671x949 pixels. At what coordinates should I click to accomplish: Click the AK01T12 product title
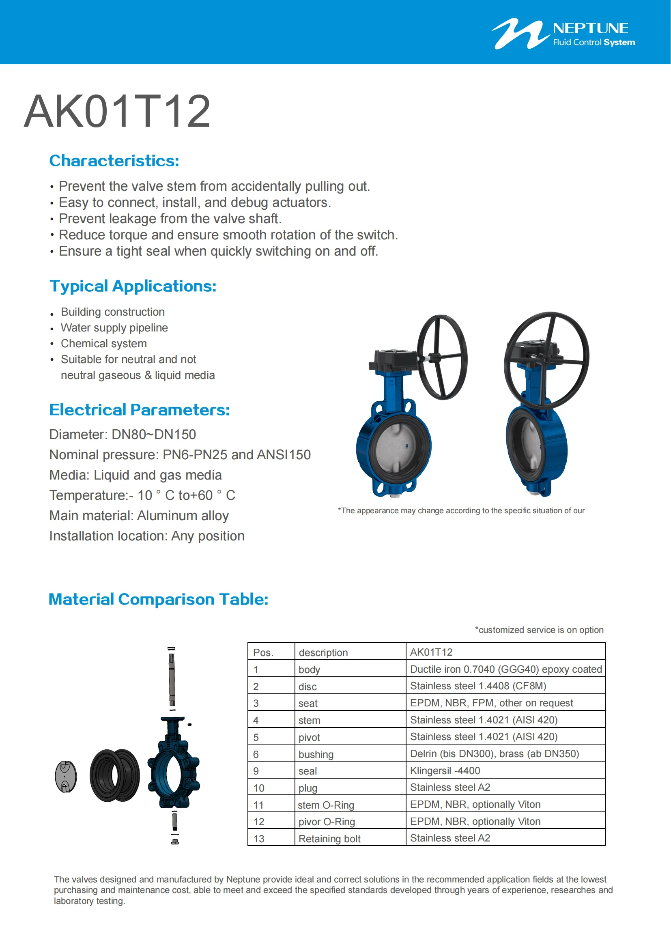117,112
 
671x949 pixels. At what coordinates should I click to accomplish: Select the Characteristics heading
114,161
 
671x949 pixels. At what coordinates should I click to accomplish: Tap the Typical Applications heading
133,286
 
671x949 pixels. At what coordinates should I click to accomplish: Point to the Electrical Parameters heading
139,410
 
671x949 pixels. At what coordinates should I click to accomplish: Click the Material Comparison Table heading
158,599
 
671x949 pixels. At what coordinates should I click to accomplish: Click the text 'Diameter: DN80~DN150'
122,435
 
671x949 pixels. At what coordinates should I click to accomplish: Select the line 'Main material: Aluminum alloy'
139,515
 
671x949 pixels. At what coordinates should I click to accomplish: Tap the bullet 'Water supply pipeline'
114,328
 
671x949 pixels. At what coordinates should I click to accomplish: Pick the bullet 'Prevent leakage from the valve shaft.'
170,219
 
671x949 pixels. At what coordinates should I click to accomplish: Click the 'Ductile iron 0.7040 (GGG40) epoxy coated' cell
505,669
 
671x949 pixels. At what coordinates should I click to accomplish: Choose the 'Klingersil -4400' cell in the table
445,770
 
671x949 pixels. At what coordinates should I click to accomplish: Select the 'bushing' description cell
316,754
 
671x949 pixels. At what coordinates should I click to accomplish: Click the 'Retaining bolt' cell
329,839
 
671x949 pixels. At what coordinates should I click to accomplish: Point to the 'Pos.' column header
263,653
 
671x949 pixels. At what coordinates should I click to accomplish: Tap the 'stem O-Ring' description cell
326,805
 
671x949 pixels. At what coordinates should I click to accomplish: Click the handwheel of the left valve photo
442,357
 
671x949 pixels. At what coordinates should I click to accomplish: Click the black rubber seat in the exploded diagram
114,775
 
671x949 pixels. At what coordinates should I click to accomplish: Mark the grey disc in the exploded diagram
66,776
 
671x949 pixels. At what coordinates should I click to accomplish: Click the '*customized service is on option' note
539,630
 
